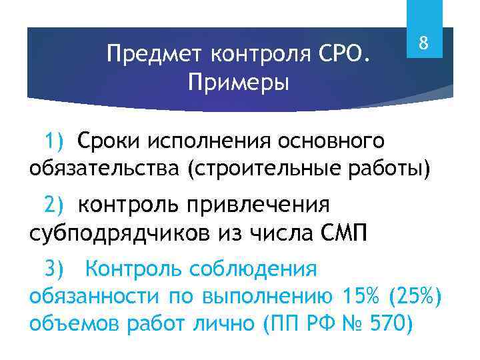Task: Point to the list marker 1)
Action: (x=53, y=141)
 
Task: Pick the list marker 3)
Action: (x=53, y=269)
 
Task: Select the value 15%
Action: (x=363, y=295)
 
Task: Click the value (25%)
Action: (x=415, y=295)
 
